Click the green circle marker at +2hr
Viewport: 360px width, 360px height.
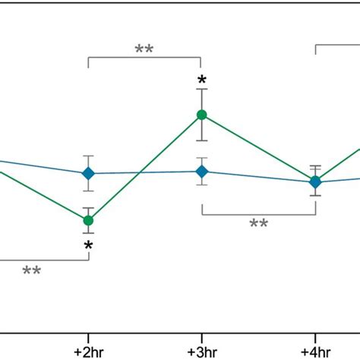pos(88,220)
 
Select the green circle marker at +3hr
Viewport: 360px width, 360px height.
pos(201,115)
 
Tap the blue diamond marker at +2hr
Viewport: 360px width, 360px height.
pos(88,173)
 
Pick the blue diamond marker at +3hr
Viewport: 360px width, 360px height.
pos(201,172)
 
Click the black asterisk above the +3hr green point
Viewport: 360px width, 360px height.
pos(201,81)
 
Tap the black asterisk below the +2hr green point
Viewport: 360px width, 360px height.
pos(88,246)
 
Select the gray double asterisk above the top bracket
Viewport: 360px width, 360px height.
pos(144,49)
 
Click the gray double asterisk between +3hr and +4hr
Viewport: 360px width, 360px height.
pos(258,224)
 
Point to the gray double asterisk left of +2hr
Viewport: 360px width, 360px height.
pos(32,271)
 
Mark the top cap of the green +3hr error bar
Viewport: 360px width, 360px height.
pos(201,90)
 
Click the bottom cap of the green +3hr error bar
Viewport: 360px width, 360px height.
pos(201,140)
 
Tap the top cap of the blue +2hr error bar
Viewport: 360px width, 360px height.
pos(88,157)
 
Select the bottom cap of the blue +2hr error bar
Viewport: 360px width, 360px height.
pos(88,190)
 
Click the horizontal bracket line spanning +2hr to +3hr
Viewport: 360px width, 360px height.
pos(144,58)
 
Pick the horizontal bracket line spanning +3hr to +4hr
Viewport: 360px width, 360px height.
pos(258,214)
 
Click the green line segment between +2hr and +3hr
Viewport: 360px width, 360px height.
pos(144,168)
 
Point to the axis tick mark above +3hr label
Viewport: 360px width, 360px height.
pos(201,336)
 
